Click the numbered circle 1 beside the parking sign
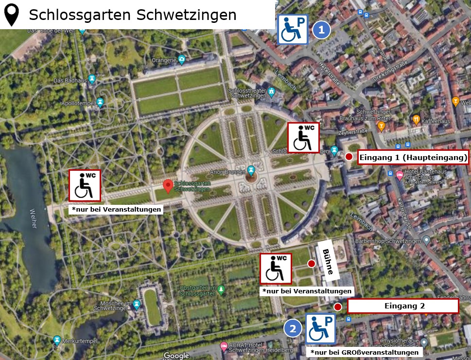321,30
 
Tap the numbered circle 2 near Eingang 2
293,329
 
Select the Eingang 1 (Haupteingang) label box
413,157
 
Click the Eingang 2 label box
403,306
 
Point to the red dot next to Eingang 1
349,157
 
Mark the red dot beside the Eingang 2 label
337,306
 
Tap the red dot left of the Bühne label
311,264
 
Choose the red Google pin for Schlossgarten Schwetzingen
168,186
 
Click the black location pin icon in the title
12,15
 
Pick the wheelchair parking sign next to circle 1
293,29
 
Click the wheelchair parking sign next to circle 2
320,328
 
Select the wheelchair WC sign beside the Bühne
276,268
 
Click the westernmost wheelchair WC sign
85,185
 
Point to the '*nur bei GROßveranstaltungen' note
365,352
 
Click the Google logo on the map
176,356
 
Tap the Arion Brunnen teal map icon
251,170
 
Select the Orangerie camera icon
182,60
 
